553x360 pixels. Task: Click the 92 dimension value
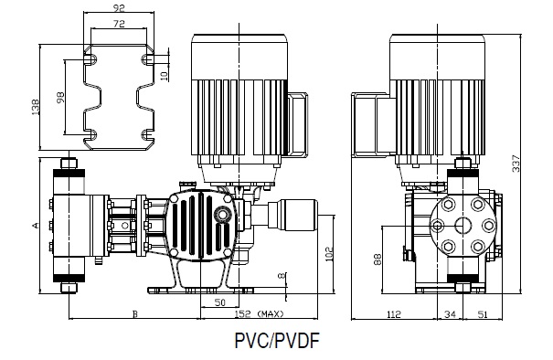(119, 7)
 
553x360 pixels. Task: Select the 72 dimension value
(119, 24)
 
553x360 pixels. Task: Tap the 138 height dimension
(36, 107)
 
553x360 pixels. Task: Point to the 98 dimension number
(60, 98)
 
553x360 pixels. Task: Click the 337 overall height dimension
(516, 164)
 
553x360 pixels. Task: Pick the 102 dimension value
(329, 254)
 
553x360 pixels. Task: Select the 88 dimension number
(378, 259)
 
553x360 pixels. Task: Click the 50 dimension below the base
(219, 302)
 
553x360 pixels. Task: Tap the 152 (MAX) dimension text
(259, 313)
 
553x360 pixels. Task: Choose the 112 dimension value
(394, 313)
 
